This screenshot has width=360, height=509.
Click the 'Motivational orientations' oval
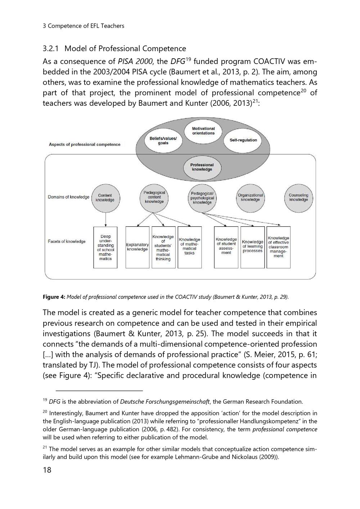203,131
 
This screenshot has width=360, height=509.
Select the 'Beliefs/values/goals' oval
163,141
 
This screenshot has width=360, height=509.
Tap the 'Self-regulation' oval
243,140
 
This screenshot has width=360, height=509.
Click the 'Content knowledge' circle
105,197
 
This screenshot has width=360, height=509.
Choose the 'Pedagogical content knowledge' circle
154,197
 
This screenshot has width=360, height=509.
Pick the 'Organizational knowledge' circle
250,197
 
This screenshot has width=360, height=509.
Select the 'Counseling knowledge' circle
298,197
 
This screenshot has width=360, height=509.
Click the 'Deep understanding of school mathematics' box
105,247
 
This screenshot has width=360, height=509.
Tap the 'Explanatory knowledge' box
137,247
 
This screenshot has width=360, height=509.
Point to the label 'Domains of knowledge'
68,197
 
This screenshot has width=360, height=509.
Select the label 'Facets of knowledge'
67,241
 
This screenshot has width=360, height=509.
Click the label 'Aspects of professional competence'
85,145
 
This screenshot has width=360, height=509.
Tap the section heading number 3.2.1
51,49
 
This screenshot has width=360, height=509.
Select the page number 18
47,470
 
